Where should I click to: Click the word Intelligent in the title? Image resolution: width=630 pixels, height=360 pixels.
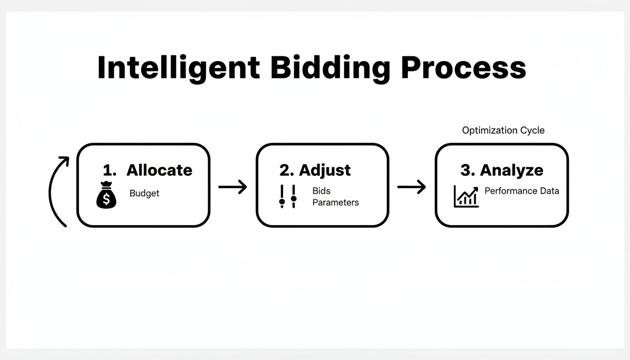(178, 68)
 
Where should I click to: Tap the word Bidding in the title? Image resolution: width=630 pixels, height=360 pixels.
(330, 68)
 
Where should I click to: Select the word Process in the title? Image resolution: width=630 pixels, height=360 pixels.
(464, 68)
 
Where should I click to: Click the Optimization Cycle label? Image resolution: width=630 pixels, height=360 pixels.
(503, 130)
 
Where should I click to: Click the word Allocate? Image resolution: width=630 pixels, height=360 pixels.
(159, 170)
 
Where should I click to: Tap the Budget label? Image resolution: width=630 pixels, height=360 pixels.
(144, 193)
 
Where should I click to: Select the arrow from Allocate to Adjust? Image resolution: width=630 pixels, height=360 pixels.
(232, 187)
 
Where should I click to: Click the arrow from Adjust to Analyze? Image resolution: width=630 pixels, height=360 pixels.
(412, 187)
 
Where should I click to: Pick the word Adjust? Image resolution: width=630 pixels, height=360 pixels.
(325, 170)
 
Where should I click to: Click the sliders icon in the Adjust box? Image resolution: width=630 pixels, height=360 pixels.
(288, 196)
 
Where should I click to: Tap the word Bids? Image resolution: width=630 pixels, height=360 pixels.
(322, 191)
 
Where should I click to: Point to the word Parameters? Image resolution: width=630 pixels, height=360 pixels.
(336, 202)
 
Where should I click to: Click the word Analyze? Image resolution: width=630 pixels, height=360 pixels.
(511, 170)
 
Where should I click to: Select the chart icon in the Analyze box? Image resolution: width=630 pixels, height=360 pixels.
(466, 196)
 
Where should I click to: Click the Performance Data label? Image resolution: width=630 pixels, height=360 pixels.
(522, 191)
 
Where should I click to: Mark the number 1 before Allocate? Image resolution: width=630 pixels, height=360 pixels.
(108, 170)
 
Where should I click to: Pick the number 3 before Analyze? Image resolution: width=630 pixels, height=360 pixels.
(466, 170)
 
